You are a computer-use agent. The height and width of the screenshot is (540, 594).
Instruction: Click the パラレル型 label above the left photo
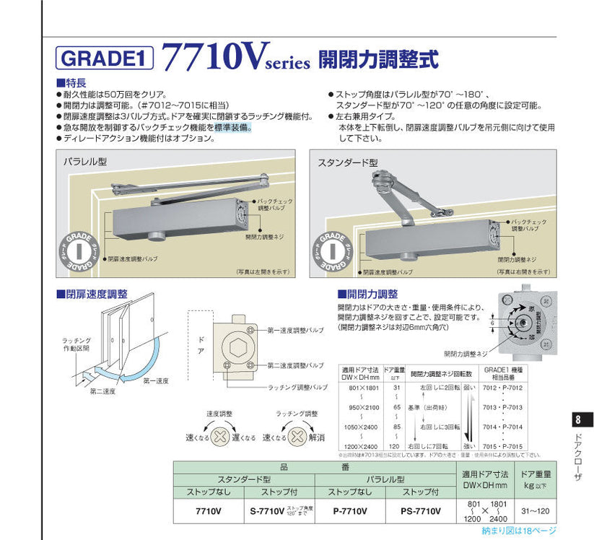tap(85, 161)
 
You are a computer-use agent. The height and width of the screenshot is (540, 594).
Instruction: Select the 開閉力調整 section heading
tap(367, 294)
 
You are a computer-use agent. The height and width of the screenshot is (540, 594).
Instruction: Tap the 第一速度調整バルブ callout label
tap(296, 331)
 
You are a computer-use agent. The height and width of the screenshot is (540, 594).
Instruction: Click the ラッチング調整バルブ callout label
tap(297, 388)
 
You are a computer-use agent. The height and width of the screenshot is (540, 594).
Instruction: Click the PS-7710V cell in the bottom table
tap(420, 511)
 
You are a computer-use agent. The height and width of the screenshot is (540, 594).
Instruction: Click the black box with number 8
tap(579, 421)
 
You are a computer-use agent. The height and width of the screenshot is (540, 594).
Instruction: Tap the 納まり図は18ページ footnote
tap(520, 531)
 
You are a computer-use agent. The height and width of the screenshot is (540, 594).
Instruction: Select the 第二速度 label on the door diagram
tap(104, 392)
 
